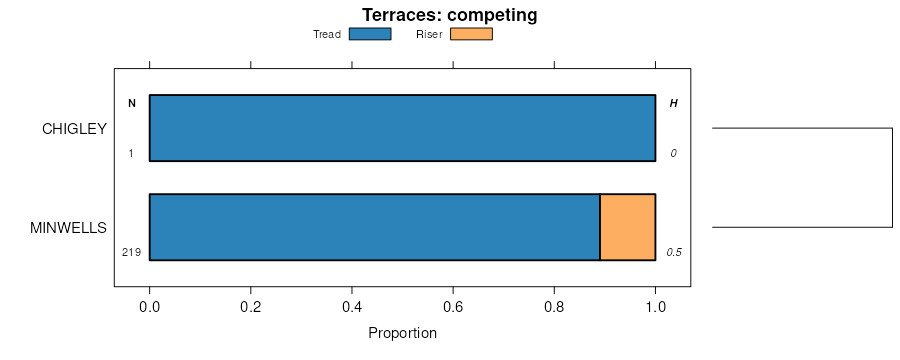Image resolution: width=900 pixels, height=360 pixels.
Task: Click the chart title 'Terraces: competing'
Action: pos(449,15)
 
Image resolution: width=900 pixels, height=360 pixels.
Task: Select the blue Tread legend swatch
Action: pos(370,34)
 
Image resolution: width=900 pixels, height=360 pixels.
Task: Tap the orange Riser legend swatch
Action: pos(471,34)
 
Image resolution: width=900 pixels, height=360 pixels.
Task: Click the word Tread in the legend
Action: pos(327,34)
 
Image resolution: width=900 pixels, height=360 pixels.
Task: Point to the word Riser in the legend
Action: pos(429,34)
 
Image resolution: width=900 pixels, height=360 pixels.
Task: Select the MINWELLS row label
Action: pos(68,228)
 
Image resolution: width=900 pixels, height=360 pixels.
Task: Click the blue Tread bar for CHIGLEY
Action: pos(402,128)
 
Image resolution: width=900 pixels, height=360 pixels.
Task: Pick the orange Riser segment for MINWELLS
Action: pos(628,227)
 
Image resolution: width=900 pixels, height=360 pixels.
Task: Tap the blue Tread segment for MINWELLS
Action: pos(375,227)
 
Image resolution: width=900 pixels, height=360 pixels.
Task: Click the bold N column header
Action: pos(132,104)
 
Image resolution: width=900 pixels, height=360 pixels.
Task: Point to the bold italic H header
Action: pos(674,104)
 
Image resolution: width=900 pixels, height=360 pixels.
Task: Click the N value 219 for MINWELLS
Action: pos(131,252)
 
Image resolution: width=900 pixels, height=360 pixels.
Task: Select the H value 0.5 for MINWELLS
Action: pos(674,252)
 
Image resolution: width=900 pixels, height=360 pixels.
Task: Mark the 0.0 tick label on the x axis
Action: pos(150,307)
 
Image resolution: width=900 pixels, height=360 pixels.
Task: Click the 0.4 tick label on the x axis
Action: pos(352,307)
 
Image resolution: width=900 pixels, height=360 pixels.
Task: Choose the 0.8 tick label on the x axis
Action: pos(554,307)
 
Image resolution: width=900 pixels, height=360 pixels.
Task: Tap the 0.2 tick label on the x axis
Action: pos(251,307)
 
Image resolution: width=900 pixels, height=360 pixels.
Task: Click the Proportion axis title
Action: pos(402,333)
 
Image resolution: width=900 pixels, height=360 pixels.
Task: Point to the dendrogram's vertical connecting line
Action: pos(893,177)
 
